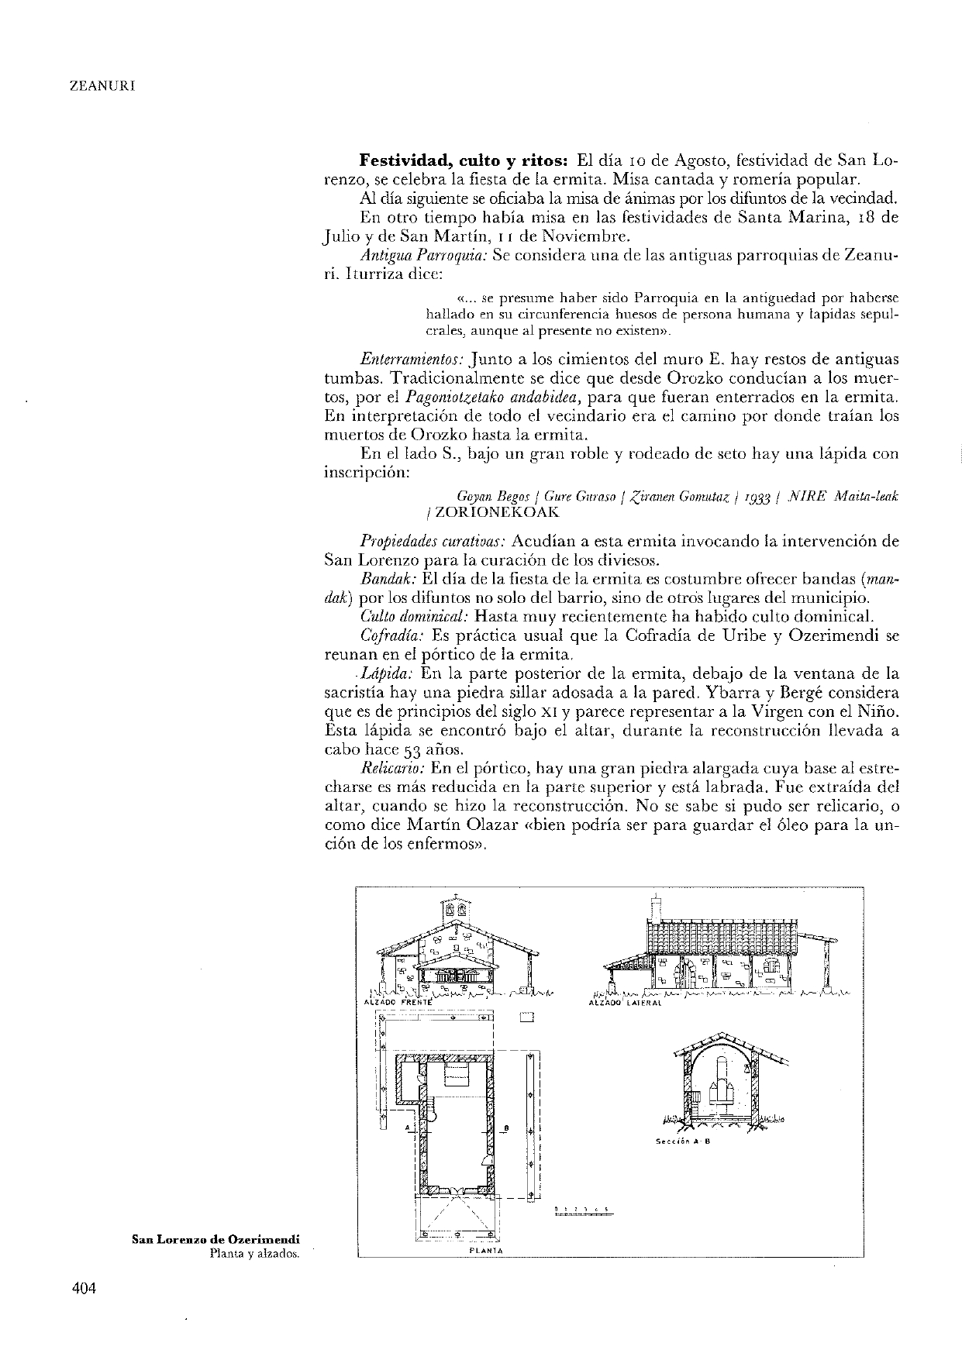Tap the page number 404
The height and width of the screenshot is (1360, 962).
[x=83, y=1287]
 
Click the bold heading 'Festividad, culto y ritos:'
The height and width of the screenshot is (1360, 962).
[x=464, y=161]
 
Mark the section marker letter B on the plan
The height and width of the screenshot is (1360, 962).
[x=505, y=1128]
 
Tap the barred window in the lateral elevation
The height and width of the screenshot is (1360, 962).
[x=771, y=968]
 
